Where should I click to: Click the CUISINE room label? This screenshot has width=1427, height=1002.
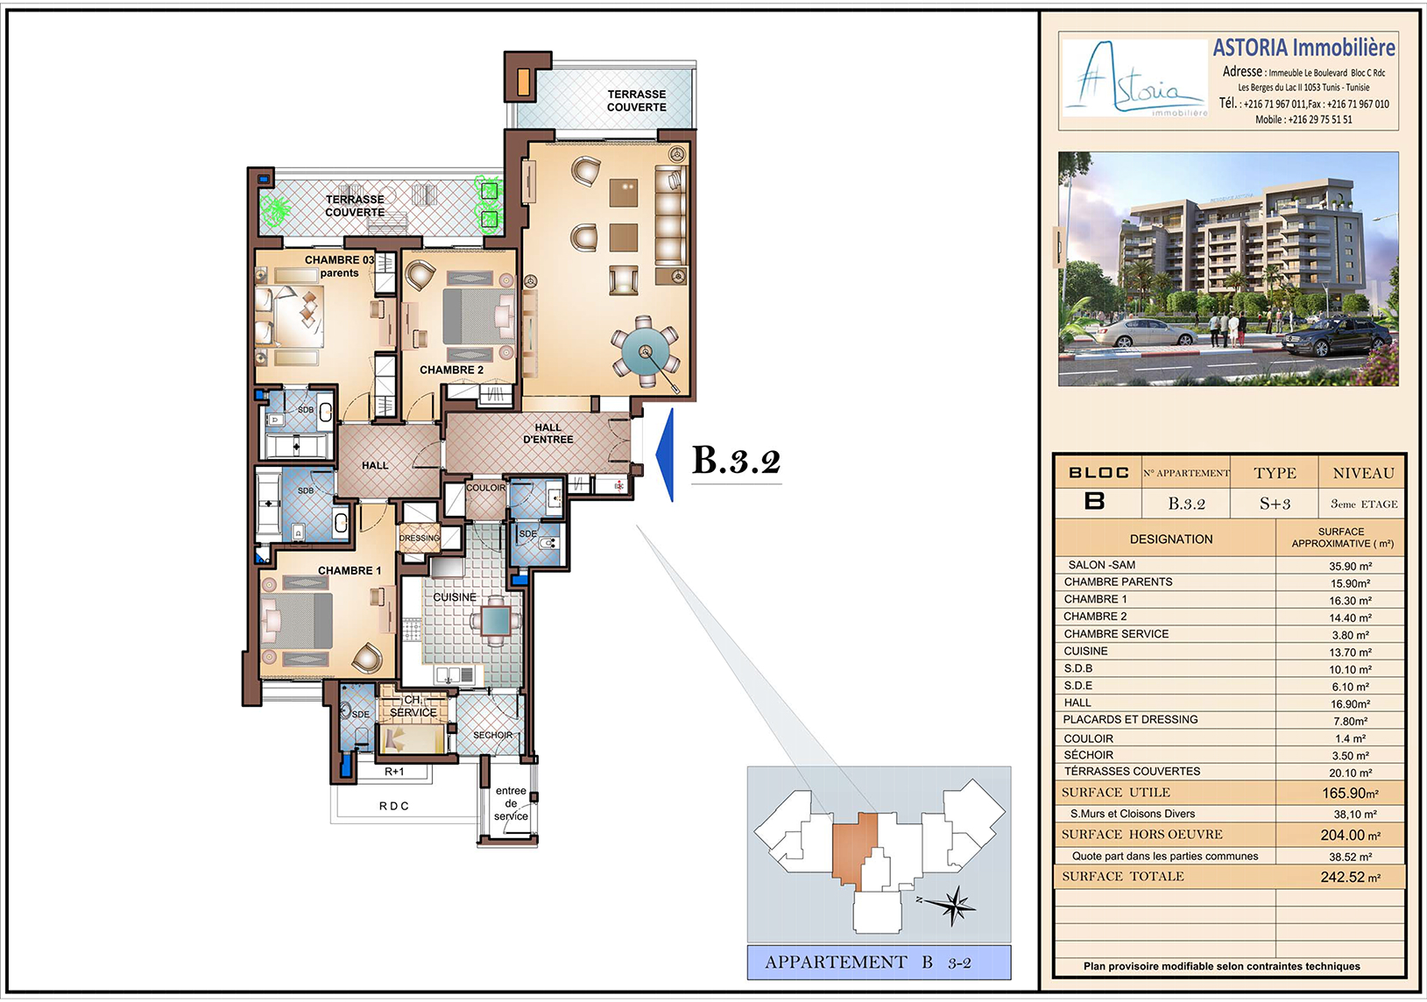tap(455, 596)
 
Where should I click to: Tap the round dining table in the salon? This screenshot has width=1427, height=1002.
tap(646, 351)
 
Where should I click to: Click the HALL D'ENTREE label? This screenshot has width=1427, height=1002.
tap(547, 434)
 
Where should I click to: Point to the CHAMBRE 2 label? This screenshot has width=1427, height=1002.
tap(451, 370)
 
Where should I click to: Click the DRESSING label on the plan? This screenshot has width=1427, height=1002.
tap(420, 539)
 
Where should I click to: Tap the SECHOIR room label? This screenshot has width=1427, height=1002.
tap(492, 735)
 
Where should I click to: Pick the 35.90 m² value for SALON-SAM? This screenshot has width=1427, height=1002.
tap(1350, 566)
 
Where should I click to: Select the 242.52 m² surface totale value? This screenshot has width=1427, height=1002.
tap(1350, 877)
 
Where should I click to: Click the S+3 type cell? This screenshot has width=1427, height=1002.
tap(1275, 504)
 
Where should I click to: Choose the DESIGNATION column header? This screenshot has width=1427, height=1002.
tap(1171, 539)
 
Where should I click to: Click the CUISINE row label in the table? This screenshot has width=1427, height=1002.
tap(1085, 651)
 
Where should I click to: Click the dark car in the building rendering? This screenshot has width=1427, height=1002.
tap(1337, 335)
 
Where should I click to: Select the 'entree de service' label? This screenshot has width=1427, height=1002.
tap(511, 803)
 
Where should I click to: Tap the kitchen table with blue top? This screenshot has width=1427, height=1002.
tap(496, 621)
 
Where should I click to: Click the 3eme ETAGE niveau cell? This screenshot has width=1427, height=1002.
tap(1363, 504)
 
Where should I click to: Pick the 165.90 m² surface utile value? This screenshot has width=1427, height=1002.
tap(1350, 793)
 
